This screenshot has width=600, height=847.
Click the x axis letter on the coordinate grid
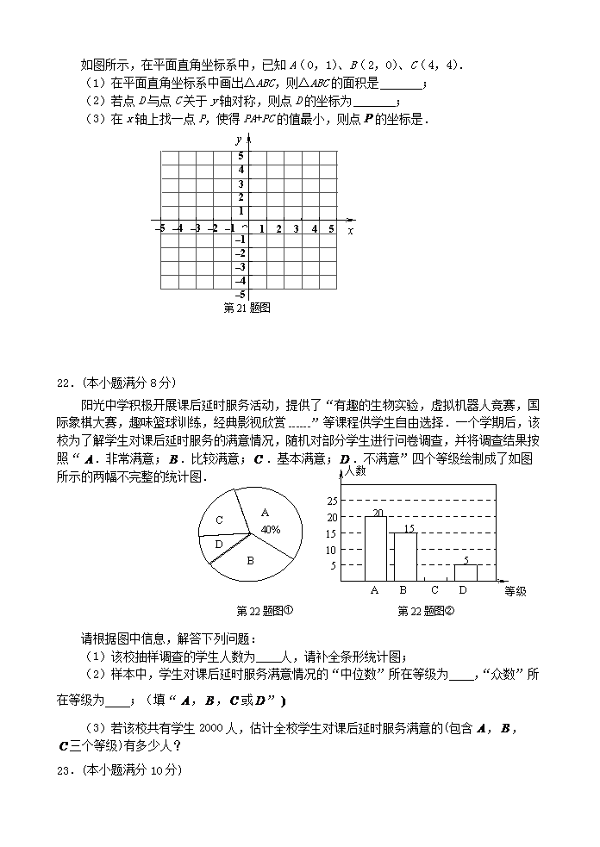[x=350, y=231]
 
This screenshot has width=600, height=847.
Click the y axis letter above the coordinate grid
[x=237, y=140]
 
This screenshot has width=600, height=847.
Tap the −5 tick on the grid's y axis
[x=241, y=295]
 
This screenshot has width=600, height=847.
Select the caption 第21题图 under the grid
[x=247, y=308]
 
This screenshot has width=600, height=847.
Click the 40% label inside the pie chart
[x=271, y=530]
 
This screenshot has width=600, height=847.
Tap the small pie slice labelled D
[x=218, y=545]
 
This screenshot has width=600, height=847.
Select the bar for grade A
[x=375, y=549]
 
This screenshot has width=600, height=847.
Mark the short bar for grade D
[x=466, y=573]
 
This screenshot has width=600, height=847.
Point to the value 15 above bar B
[x=409, y=528]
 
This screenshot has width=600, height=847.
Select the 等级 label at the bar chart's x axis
[x=515, y=591]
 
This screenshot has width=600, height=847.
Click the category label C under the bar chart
[x=434, y=591]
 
